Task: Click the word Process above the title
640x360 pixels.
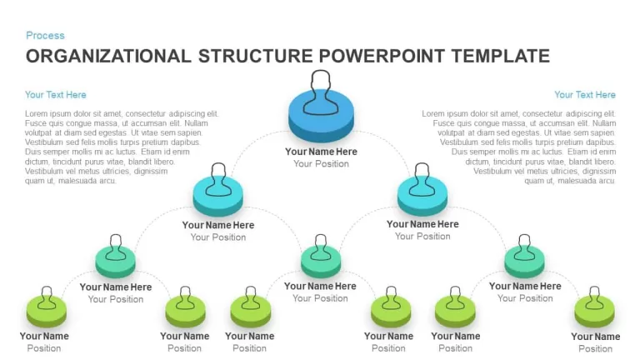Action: (x=45, y=36)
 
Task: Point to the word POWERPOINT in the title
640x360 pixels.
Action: (x=382, y=56)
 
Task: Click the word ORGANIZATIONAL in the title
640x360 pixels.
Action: (x=108, y=56)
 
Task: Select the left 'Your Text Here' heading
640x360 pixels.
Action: (x=56, y=95)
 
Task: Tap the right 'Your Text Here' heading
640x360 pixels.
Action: (x=585, y=95)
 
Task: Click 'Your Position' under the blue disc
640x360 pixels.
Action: (x=321, y=163)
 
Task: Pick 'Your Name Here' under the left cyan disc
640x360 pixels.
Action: (x=218, y=225)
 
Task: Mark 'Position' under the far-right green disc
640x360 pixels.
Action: (x=596, y=348)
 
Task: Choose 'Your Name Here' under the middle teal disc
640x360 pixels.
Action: (x=320, y=286)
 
